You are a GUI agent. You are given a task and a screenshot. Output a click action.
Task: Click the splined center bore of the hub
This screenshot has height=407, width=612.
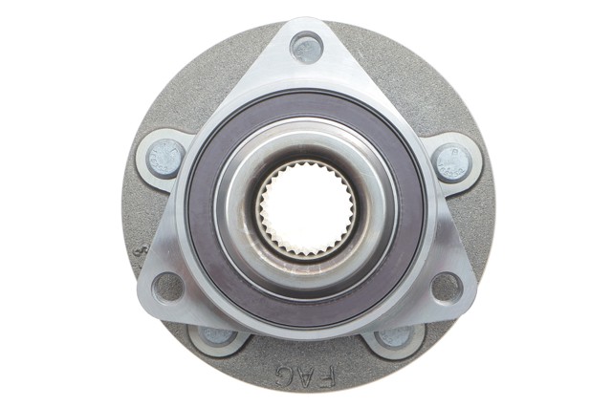[x=307, y=208]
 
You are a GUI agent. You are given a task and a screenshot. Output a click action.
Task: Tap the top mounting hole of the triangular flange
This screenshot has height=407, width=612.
[x=307, y=49]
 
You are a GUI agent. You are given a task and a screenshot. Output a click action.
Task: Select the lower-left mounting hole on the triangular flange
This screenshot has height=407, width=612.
[x=168, y=289]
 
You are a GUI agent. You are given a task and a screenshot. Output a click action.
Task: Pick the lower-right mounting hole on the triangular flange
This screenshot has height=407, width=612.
[x=448, y=289]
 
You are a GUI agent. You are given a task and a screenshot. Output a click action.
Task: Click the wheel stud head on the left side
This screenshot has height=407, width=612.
[x=165, y=159]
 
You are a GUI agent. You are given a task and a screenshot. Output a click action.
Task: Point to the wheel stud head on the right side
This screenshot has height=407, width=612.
[x=452, y=162]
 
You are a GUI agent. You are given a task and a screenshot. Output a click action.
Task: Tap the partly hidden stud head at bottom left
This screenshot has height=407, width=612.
[x=217, y=336]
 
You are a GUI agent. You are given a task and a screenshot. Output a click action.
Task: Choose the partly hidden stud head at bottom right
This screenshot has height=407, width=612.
[x=395, y=336]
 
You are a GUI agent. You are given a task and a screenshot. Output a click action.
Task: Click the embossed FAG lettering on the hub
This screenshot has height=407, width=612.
[x=306, y=375]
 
